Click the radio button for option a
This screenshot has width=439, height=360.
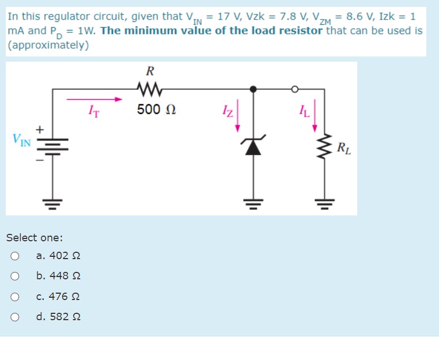[x=15, y=256]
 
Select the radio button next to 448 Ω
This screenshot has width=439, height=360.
[x=15, y=276]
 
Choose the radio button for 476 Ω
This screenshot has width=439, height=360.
[x=15, y=297]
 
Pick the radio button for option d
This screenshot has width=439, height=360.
[x=15, y=317]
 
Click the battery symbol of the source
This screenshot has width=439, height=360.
[x=53, y=145]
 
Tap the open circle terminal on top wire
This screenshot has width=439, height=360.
[x=294, y=89]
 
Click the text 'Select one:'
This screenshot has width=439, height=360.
[x=35, y=237]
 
